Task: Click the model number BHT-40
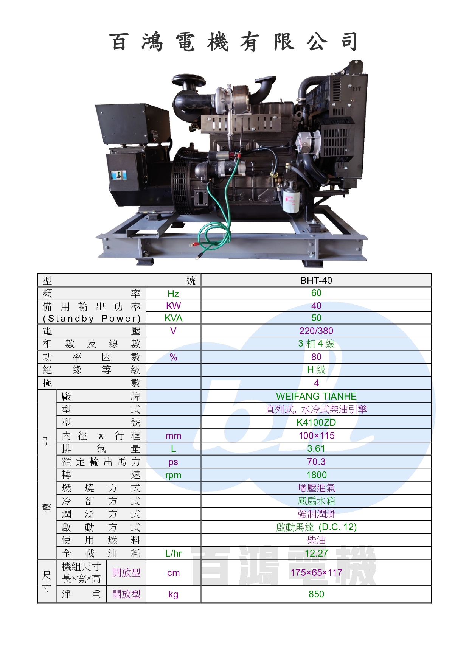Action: (316, 280)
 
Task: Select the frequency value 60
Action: (316, 293)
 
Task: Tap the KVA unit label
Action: (173, 318)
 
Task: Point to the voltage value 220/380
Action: (316, 331)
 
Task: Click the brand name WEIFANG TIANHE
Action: (316, 397)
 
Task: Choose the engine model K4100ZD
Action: (316, 423)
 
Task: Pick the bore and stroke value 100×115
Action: (317, 436)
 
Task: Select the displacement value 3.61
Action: (316, 449)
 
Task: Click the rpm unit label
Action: (173, 476)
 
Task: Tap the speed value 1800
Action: (317, 475)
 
